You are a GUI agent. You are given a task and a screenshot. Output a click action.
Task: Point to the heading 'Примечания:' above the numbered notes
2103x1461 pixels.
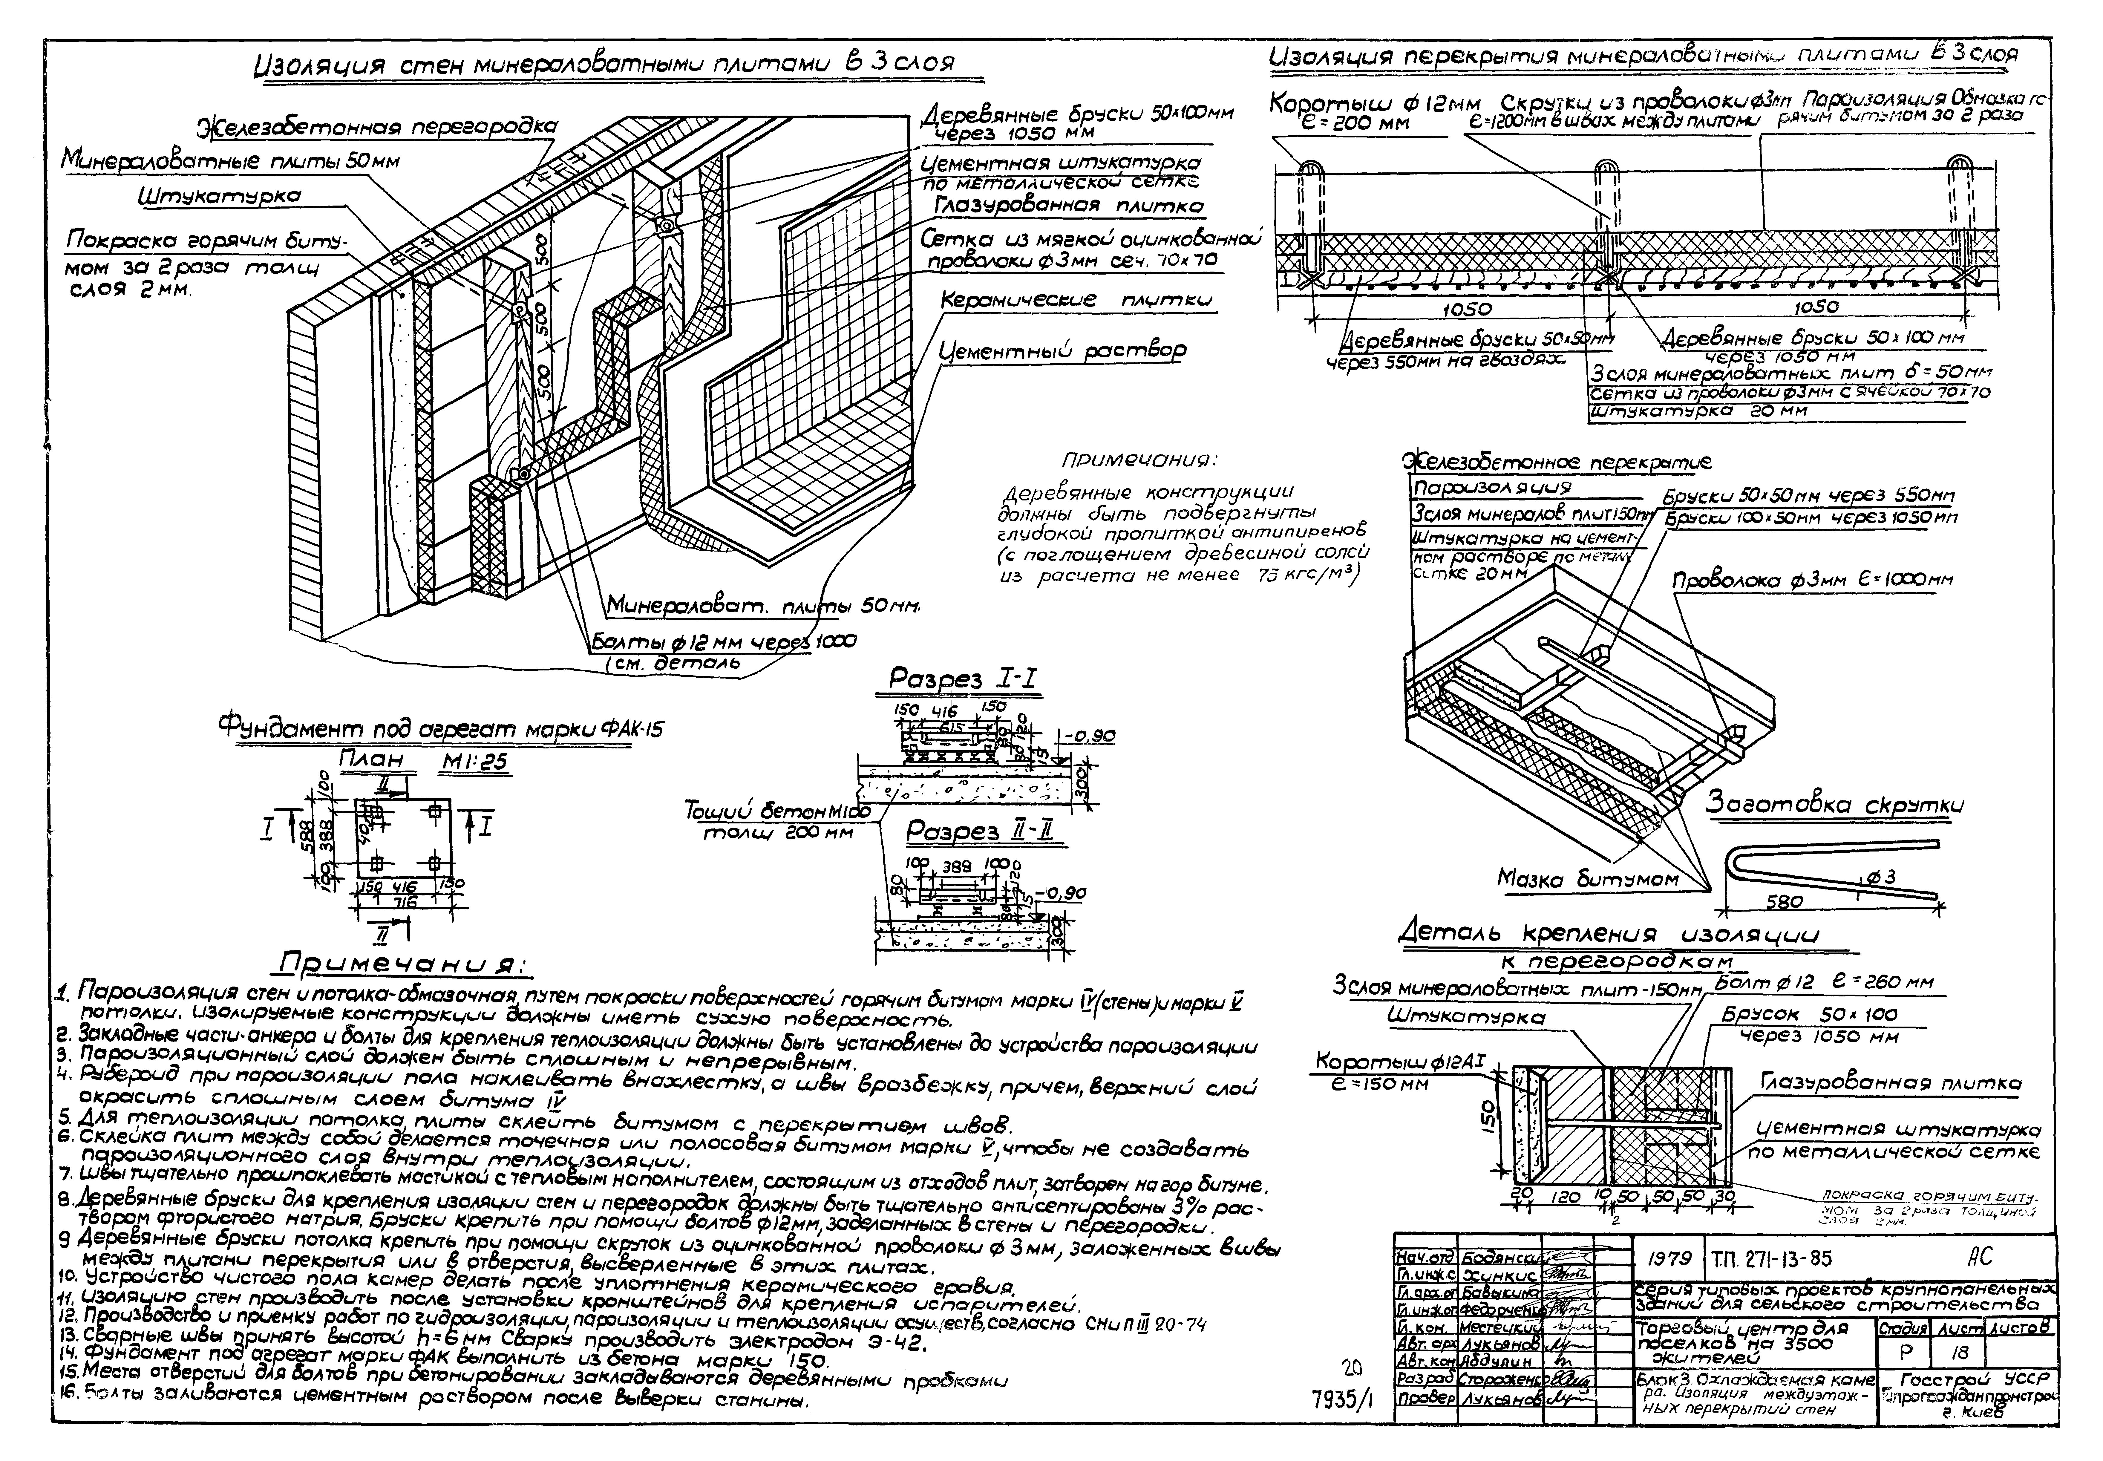(x=403, y=964)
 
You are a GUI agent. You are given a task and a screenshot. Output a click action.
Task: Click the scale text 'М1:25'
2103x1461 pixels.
(x=474, y=762)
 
